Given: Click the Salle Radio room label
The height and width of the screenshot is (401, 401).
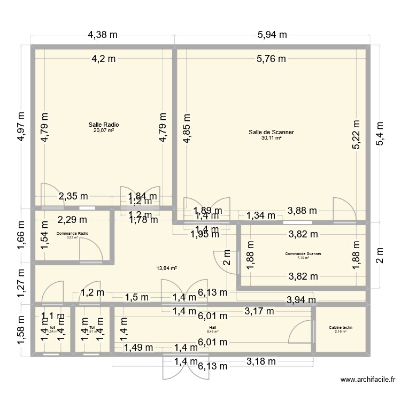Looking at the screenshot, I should [x=104, y=125].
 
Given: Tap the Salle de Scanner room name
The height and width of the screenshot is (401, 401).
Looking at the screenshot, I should [x=271, y=132].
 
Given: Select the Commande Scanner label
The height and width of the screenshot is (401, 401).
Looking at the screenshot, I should [x=303, y=254].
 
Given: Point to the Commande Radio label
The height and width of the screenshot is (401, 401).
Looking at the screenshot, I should [x=72, y=234].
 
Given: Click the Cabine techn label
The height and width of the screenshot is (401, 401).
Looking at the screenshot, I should [x=341, y=327].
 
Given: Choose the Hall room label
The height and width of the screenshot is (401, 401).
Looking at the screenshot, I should [x=213, y=327].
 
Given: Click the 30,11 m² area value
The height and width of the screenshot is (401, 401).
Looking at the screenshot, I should [x=271, y=138].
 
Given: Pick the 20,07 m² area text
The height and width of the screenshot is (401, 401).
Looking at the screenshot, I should [x=104, y=130].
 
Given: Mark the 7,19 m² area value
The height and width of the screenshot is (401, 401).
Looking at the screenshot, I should [x=303, y=258].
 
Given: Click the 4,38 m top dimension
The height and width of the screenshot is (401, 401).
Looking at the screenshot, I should [x=103, y=35].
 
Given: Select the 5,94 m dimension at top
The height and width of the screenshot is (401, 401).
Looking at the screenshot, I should [x=272, y=35].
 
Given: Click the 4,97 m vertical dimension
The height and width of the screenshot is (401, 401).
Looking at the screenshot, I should [x=21, y=126].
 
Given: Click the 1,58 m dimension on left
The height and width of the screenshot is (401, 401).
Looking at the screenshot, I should [x=21, y=331].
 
